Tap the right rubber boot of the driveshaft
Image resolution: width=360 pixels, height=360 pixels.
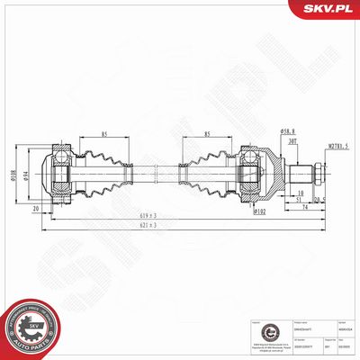point(207,173)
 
